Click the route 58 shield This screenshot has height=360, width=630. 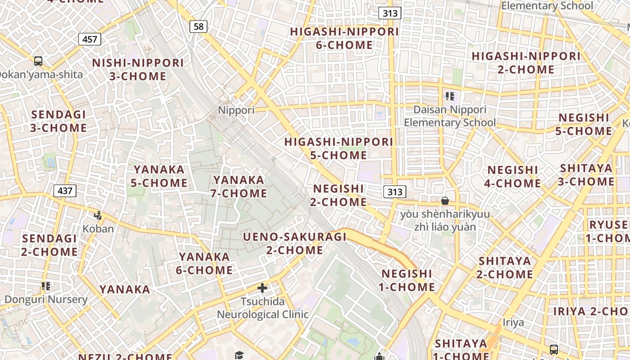[198, 27]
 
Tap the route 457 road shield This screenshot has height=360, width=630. [90, 39]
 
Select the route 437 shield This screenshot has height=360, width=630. [65, 191]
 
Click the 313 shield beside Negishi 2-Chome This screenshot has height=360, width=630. [395, 192]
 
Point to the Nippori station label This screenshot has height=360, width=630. [236, 110]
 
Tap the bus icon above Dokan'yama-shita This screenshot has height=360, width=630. [38, 61]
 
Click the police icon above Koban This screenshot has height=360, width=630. [98, 215]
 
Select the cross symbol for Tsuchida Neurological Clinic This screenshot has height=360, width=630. [262, 288]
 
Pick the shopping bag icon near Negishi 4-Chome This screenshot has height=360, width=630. [445, 201]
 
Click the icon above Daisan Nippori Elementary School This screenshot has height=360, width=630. [450, 96]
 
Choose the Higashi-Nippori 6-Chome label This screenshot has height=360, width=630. [344, 38]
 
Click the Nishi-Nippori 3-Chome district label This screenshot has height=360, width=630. [138, 69]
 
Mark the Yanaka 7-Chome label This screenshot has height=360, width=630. [239, 186]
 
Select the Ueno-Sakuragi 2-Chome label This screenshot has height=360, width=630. [295, 243]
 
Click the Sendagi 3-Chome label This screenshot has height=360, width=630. [58, 121]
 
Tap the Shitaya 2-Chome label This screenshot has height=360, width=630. [505, 267]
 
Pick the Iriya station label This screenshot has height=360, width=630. [513, 323]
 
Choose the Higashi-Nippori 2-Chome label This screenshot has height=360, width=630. [526, 63]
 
